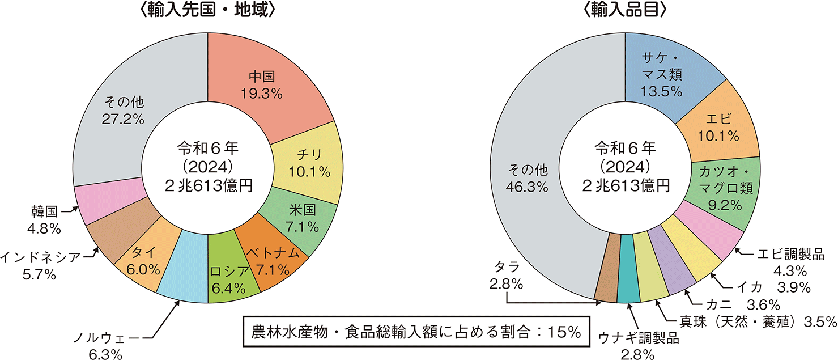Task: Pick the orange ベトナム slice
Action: pyautogui.click(x=275, y=261)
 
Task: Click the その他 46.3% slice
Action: pyautogui.click(x=530, y=176)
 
